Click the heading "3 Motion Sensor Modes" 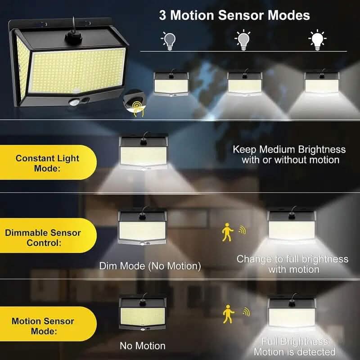(x=234, y=15)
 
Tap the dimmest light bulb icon (x=169, y=40)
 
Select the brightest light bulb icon (x=317, y=40)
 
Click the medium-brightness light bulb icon (x=243, y=40)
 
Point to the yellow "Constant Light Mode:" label (x=47, y=163)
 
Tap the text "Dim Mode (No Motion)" (x=150, y=266)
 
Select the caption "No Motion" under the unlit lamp (x=142, y=346)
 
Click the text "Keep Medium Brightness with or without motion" (x=289, y=154)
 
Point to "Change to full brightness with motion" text (x=292, y=264)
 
